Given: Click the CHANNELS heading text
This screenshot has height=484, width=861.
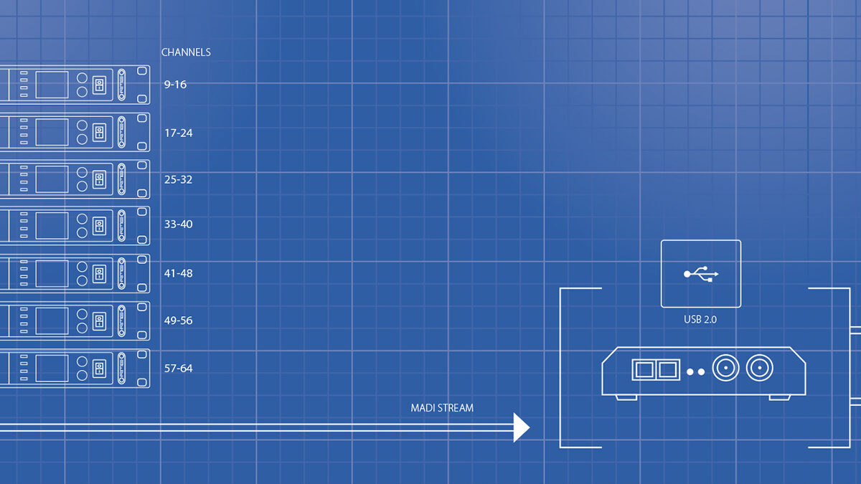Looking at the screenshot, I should click(186, 52).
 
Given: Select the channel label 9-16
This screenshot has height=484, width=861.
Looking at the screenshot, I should click(175, 85).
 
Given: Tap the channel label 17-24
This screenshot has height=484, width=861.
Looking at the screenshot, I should click(178, 133).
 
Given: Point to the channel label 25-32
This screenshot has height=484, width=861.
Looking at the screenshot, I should click(178, 180).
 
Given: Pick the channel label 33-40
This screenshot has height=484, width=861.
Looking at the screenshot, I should click(178, 224).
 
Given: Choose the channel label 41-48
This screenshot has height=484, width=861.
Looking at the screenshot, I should click(178, 274).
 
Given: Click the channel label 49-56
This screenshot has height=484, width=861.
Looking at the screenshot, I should click(178, 321).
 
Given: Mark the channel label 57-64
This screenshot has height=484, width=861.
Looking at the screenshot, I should click(178, 369).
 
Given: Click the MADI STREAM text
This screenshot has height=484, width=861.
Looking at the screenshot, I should click(442, 408).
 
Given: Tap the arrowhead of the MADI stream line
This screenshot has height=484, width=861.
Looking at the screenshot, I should click(522, 427).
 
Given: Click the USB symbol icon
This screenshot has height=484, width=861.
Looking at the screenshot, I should click(701, 274).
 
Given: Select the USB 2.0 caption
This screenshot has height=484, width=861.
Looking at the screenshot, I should click(700, 319).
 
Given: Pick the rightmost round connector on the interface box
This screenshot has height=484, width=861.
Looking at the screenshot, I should click(759, 369).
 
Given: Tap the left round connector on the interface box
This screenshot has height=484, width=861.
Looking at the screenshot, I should click(725, 369).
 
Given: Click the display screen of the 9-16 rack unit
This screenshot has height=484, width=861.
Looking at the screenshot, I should click(52, 85).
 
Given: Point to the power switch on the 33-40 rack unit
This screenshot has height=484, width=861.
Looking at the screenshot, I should click(100, 227).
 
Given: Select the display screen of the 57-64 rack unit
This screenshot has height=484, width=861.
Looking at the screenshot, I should click(52, 369).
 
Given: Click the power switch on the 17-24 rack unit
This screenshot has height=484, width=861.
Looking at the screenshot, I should click(100, 133).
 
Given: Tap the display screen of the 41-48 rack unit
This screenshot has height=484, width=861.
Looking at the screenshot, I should click(52, 274).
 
